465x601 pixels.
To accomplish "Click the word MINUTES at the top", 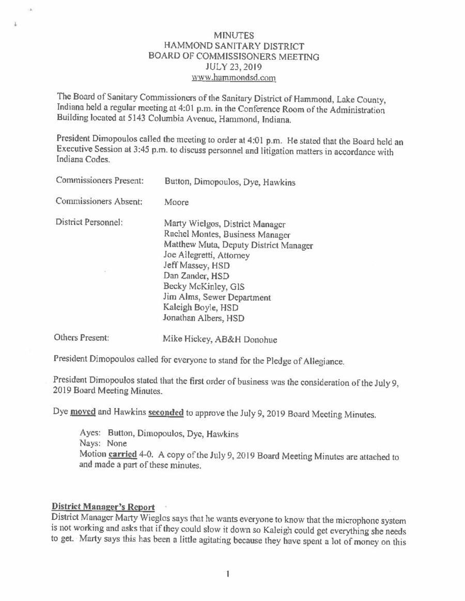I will [x=233, y=36].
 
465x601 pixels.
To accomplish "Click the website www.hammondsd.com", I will [x=234, y=78].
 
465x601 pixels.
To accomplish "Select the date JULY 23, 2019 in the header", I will [x=233, y=67].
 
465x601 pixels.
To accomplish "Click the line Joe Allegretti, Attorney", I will [x=206, y=255].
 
